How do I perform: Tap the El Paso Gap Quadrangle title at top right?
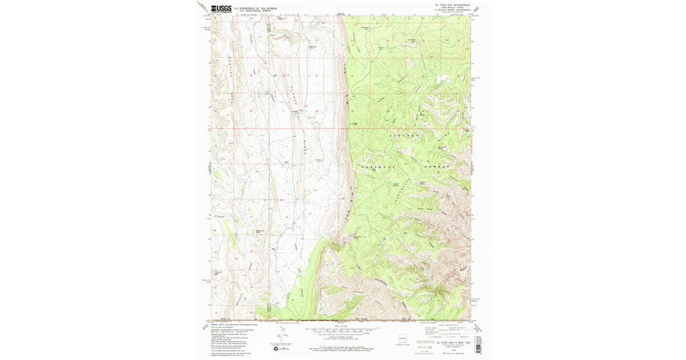[452, 5]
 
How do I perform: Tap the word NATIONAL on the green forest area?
[377, 166]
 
